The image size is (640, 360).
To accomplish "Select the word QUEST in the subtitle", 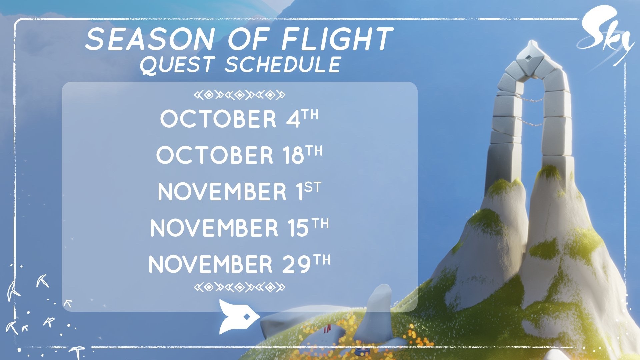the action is (176, 64).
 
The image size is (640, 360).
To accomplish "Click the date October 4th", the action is (239, 119).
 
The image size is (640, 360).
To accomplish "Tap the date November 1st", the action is (239, 191).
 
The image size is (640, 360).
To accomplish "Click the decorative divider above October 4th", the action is (240, 95).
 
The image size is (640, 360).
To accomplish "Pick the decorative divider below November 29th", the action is (240, 287).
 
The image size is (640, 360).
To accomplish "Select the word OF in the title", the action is (248, 39).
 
